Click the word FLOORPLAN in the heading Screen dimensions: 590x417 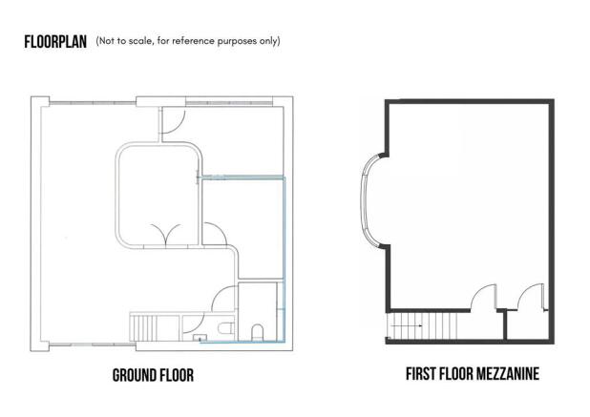click(x=55, y=42)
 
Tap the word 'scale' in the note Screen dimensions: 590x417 click(x=140, y=41)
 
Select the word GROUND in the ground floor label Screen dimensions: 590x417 click(x=134, y=375)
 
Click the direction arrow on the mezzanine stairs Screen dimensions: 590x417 click(x=408, y=326)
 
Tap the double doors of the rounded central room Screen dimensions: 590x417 click(x=166, y=236)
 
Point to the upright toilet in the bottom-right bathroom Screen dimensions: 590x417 click(x=258, y=332)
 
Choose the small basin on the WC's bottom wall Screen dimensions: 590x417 click(x=200, y=338)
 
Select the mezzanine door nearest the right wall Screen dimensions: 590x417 click(x=532, y=296)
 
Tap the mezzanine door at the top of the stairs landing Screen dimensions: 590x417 click(x=484, y=297)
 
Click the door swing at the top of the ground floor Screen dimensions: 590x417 click(x=173, y=120)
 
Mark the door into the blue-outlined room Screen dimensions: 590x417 click(x=215, y=233)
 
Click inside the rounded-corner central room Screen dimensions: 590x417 click(x=158, y=195)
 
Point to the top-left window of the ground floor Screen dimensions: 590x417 click(x=93, y=103)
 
